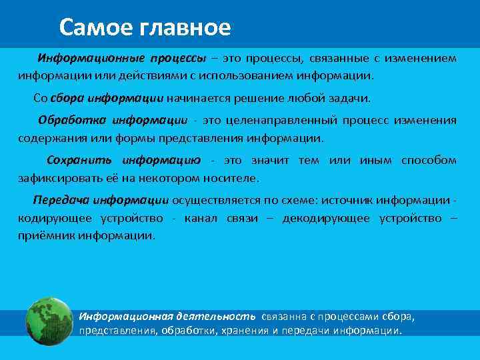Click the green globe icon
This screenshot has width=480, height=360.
[x=49, y=321]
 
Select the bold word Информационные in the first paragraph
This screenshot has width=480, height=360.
[x=79, y=58]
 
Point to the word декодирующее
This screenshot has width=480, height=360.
[x=325, y=219]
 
